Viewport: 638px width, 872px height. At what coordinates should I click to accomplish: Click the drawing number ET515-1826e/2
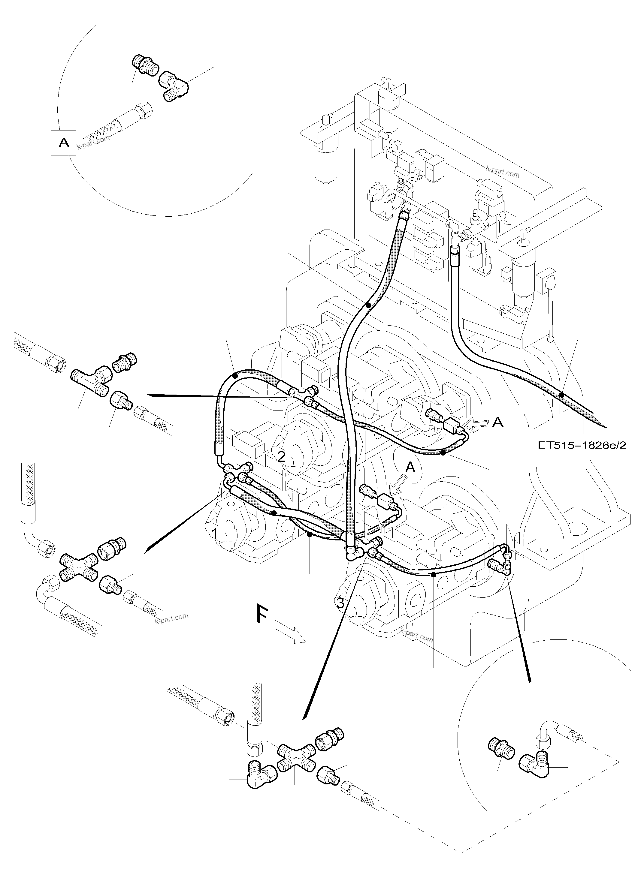[x=582, y=445]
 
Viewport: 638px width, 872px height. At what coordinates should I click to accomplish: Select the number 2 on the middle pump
[x=282, y=457]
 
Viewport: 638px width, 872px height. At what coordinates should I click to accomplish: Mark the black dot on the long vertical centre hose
[x=368, y=305]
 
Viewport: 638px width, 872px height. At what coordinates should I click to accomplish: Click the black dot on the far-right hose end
[x=561, y=395]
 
